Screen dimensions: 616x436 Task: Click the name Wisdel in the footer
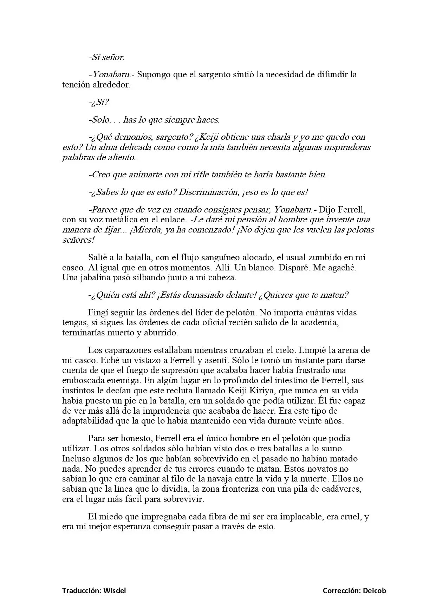coord(115,591)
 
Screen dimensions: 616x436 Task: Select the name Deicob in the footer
coord(374,591)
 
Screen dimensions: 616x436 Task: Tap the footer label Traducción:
coord(82,591)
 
